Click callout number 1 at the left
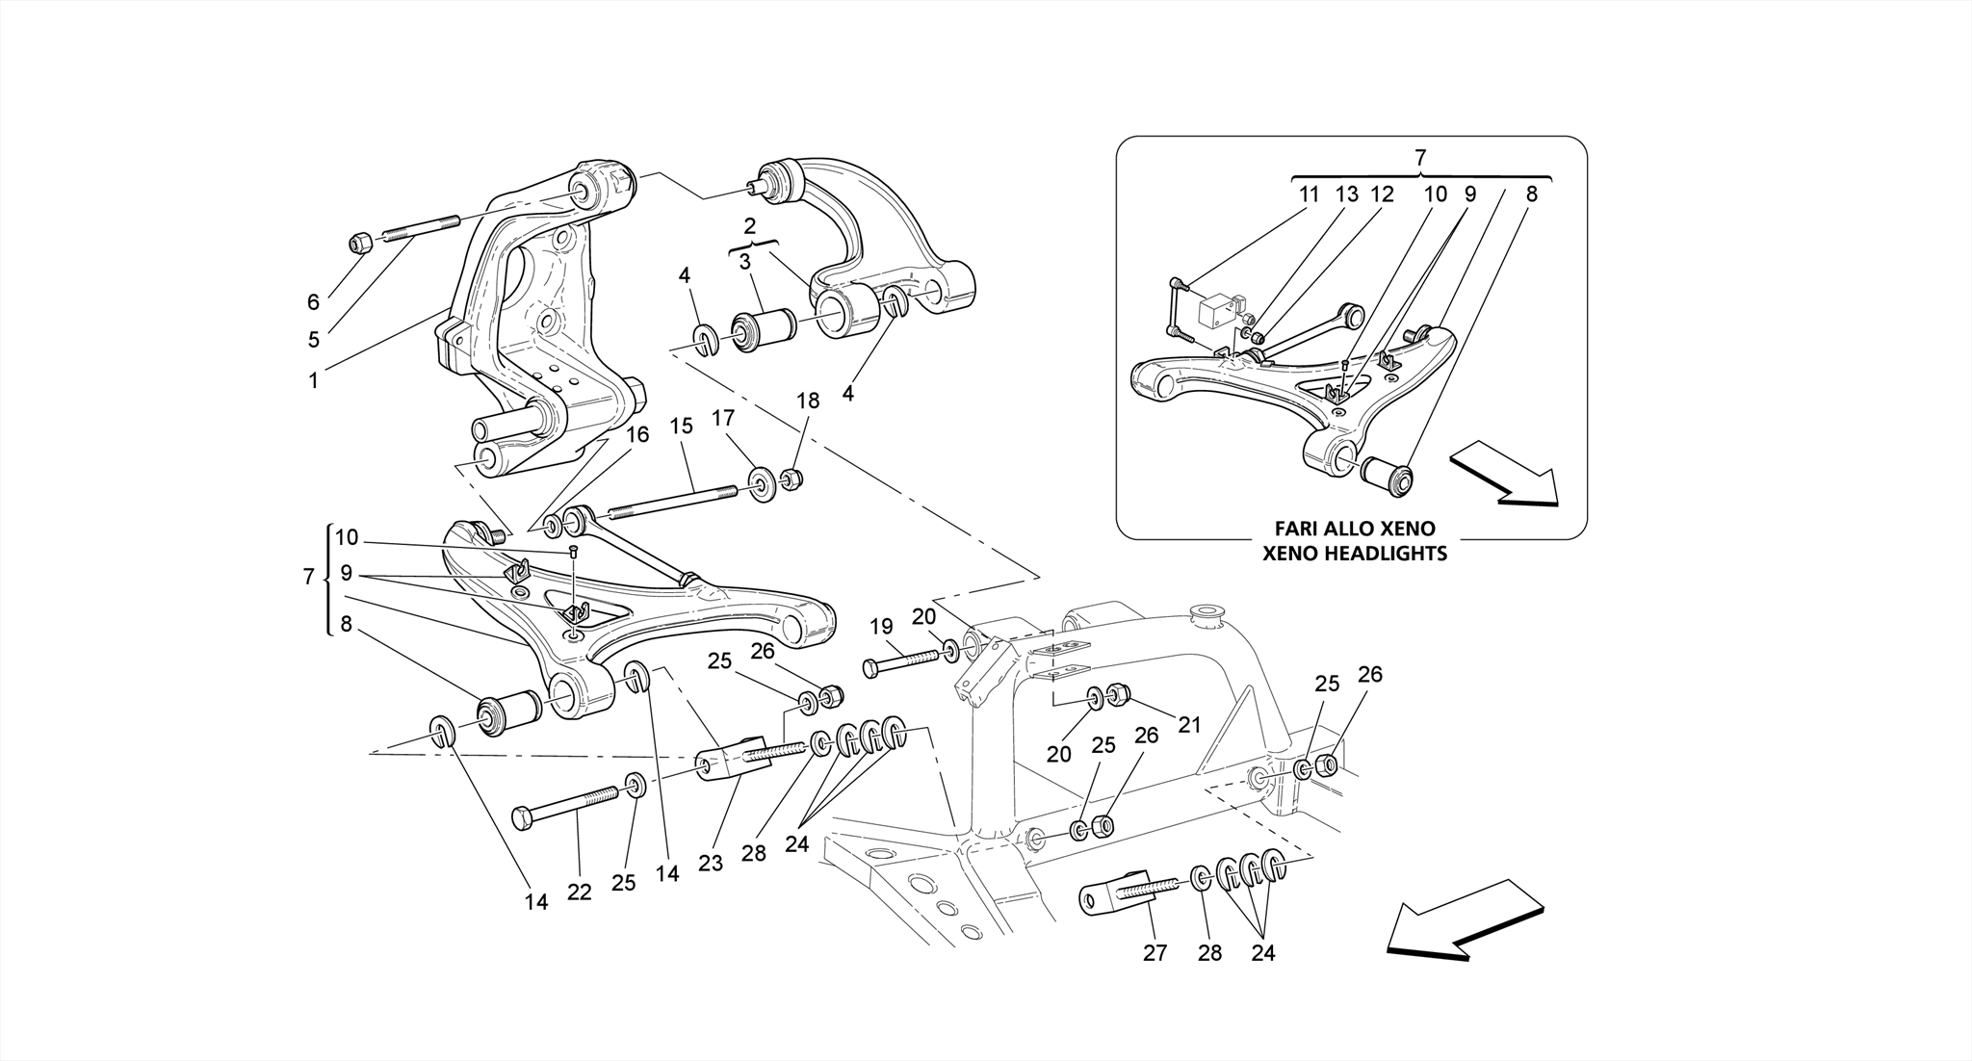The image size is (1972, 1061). coord(313,380)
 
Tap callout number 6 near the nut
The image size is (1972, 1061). coord(313,302)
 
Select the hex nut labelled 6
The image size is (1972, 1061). coord(358,244)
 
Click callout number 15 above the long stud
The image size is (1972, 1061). coord(681,426)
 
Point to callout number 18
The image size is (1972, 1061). coord(808,401)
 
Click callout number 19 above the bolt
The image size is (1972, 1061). coord(881,627)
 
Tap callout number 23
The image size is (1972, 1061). coord(711,864)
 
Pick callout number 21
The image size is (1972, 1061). coord(1190,725)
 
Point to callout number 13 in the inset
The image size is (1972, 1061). coord(1346,194)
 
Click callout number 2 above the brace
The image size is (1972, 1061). coord(750,225)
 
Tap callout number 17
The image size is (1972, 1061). coord(723,418)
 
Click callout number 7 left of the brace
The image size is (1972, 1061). coord(308,577)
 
